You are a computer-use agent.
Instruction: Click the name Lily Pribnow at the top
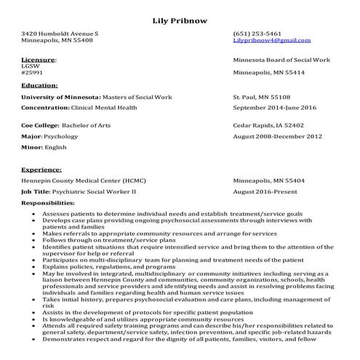pyautogui.click(x=180, y=20)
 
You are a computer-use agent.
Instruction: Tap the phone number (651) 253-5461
pyautogui.click(x=257, y=33)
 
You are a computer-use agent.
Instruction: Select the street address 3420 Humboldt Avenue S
pyautogui.click(x=60, y=33)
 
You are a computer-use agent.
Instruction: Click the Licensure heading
pyautogui.click(x=39, y=59)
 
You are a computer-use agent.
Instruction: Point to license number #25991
pyautogui.click(x=32, y=73)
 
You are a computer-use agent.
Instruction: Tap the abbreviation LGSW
pyautogui.click(x=31, y=65)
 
